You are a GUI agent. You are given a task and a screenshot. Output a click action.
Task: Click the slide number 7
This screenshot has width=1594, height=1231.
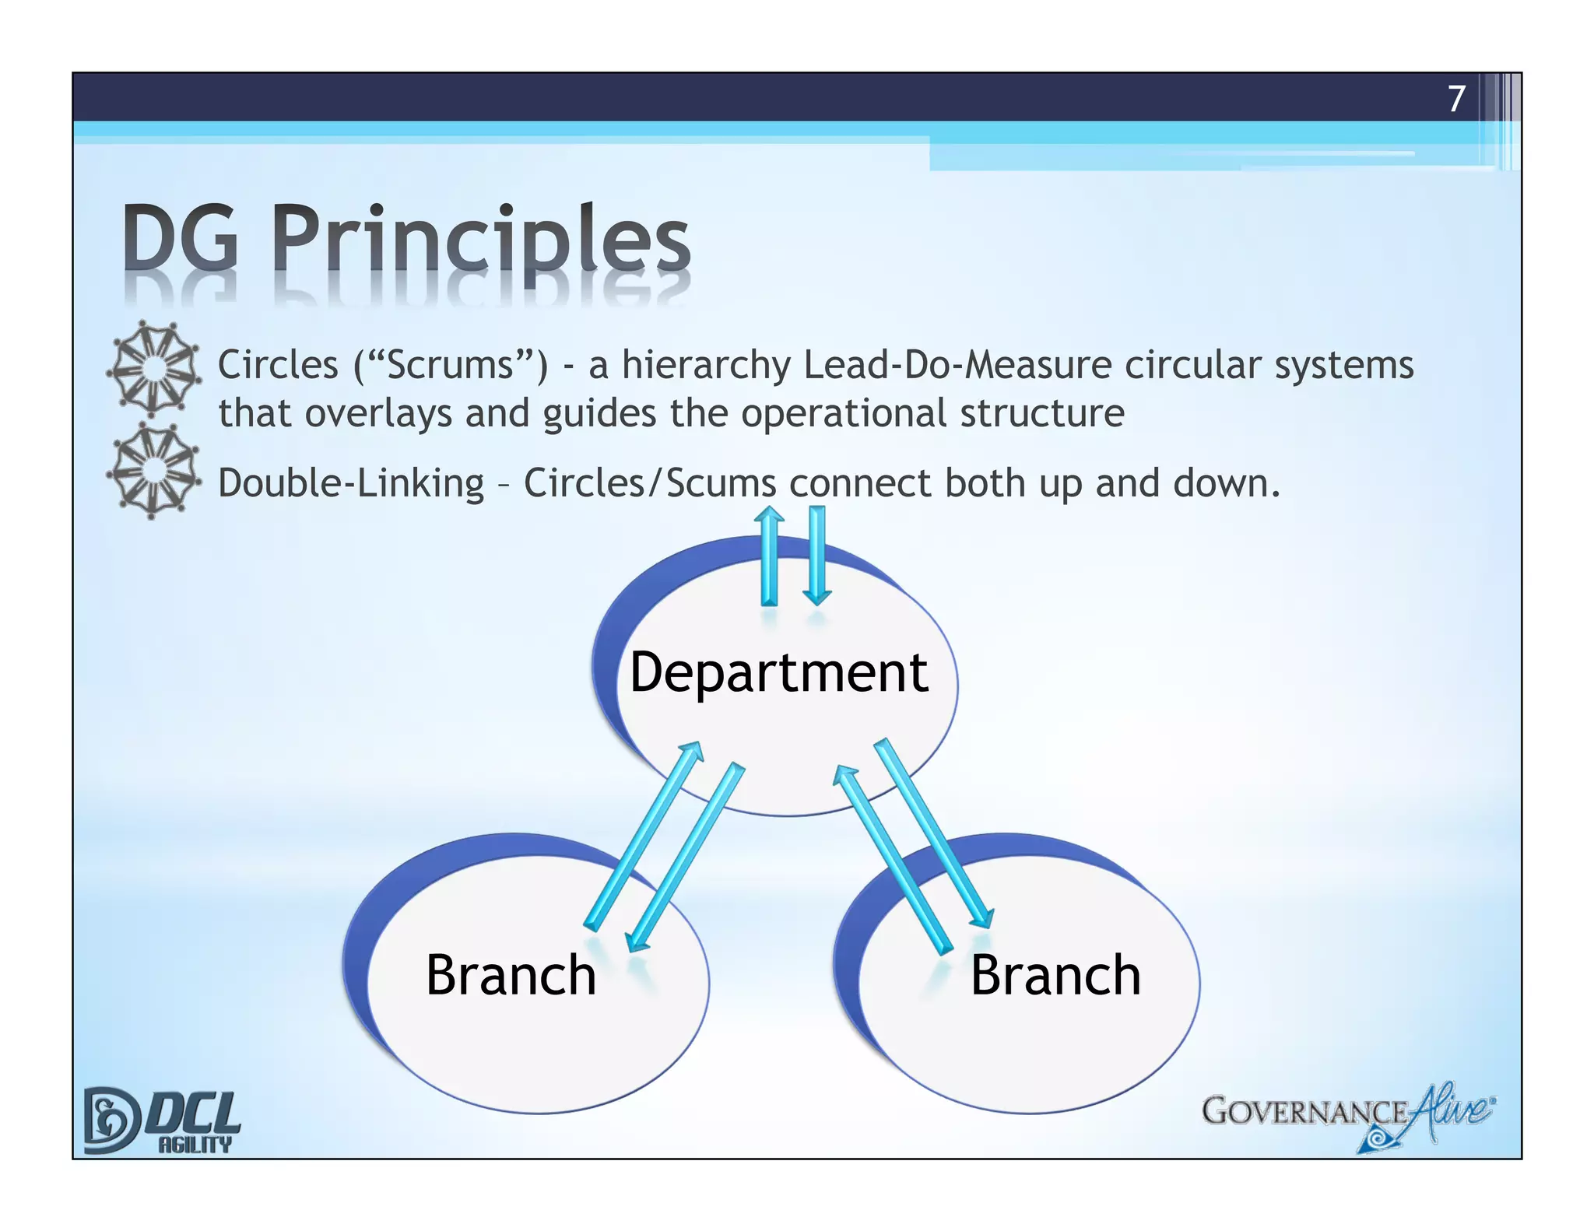click(x=1456, y=99)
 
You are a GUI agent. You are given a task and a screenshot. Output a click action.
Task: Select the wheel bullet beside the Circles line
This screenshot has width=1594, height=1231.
click(x=153, y=368)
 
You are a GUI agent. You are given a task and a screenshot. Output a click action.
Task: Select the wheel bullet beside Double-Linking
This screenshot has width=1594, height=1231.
click(x=153, y=470)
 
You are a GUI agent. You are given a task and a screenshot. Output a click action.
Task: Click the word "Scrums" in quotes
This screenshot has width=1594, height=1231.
click(x=451, y=366)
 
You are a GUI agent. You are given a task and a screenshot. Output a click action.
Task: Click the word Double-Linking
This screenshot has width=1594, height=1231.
click(x=351, y=483)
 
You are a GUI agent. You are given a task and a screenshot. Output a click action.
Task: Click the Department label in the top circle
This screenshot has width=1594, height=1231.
click(x=778, y=672)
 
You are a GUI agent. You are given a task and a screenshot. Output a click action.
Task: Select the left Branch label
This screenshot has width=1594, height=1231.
click(x=511, y=975)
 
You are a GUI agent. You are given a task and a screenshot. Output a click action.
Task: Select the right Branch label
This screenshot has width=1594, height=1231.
click(x=1055, y=975)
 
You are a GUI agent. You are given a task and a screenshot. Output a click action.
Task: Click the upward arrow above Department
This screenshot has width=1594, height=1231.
click(x=769, y=556)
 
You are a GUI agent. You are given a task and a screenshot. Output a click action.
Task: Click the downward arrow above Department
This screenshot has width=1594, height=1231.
click(x=816, y=556)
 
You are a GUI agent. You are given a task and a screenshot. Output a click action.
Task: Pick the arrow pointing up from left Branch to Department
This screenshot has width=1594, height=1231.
click(x=643, y=836)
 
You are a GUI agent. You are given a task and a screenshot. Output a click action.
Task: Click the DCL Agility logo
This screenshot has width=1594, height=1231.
click(x=162, y=1121)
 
